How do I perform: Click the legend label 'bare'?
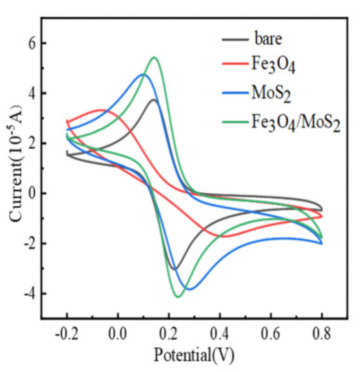point(268,40)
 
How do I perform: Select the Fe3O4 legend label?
point(273,64)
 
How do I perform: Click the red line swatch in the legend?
point(234,64)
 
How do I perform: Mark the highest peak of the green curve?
point(154,57)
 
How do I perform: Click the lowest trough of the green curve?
point(178,297)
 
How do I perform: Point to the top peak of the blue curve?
point(143,75)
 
